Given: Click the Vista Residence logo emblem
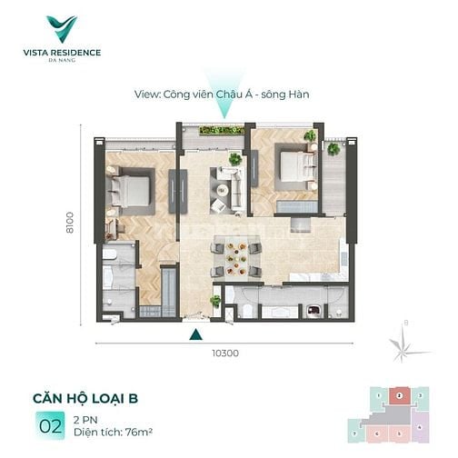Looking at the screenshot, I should click(x=63, y=28).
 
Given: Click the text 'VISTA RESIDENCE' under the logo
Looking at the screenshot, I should click(x=63, y=52).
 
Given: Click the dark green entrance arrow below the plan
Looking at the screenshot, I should click(x=194, y=334).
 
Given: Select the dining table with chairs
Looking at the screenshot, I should click(x=236, y=259).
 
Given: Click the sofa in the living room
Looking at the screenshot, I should click(x=224, y=182).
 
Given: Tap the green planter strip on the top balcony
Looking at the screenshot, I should click(x=222, y=131).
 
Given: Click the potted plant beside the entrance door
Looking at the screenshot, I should click(x=215, y=301).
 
